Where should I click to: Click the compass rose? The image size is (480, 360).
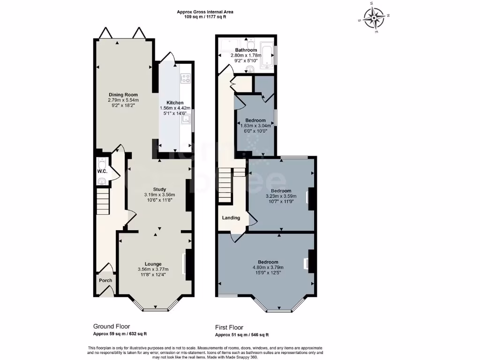coord(375,19)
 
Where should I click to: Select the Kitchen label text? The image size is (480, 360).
coord(175,103)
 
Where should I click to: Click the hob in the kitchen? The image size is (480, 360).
coord(186,79)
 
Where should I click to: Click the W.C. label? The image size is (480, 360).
coord(102,172)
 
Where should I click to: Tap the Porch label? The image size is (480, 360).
coord(105,281)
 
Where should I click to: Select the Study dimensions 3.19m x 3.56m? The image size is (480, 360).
coord(159,195)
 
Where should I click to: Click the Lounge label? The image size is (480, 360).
coord(153,264)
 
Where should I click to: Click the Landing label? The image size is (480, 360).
coord(231,217)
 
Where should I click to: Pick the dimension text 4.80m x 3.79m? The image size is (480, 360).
coord(268,268)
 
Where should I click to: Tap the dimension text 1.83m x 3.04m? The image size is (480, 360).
coord(255,126)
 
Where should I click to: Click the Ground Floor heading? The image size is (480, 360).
coord(112,326)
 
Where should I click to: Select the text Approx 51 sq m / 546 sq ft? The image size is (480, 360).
coord(242,335)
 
